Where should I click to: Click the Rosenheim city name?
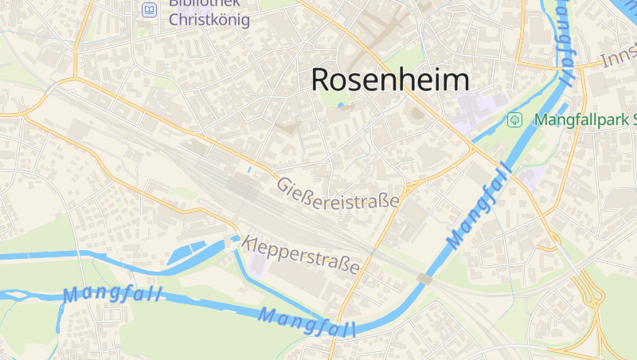(389, 80)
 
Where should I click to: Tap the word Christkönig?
(209, 20)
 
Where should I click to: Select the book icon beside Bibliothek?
(149, 10)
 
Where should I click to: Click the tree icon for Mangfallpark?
(515, 120)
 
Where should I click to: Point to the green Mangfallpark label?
(585, 120)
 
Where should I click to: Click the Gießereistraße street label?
(338, 194)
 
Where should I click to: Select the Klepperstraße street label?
(302, 254)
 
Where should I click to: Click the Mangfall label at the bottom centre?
(307, 321)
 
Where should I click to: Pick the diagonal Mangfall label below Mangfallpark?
(478, 205)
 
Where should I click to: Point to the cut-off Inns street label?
(618, 57)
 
